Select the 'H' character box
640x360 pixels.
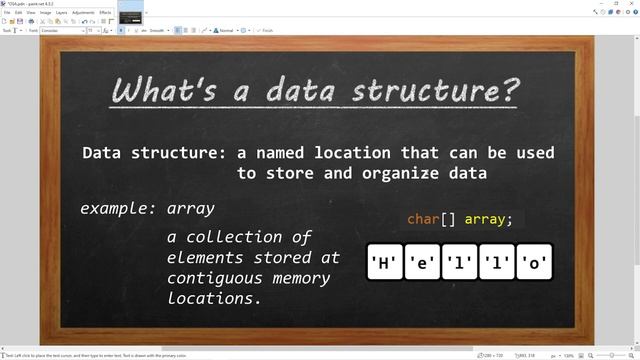[385, 263]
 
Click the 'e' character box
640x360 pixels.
[422, 263]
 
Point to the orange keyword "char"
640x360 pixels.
[424, 219]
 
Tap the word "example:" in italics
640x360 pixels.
[118, 209]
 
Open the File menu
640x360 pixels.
[7, 12]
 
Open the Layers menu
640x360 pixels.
[61, 12]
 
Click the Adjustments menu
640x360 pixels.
[84, 12]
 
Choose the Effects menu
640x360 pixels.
[105, 12]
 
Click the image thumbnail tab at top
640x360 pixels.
[131, 17]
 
